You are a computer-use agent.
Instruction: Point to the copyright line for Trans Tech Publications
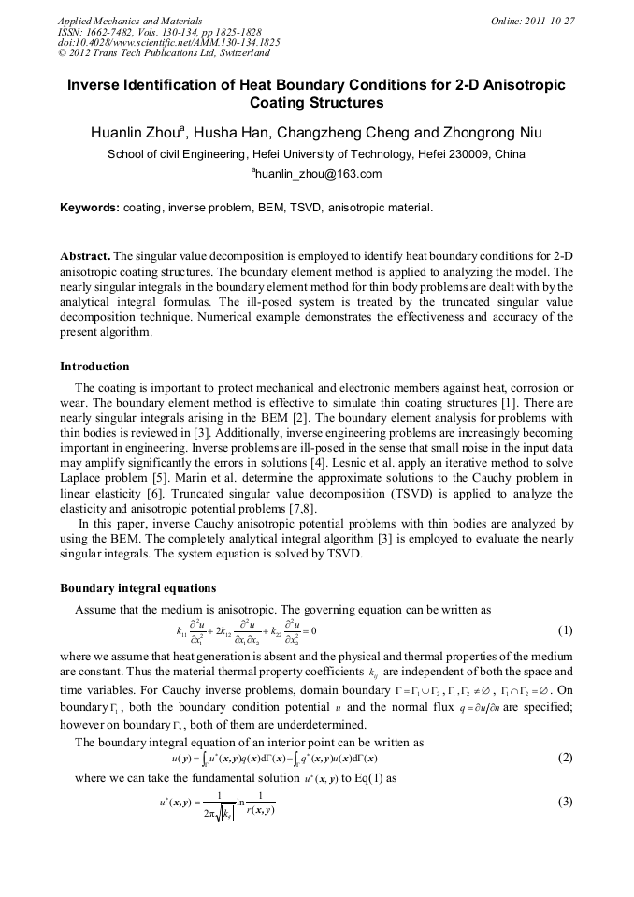[x=164, y=53]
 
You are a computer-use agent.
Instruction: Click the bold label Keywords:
[x=90, y=207]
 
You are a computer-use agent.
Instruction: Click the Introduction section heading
[x=94, y=366]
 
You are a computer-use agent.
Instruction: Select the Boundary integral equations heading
[x=137, y=588]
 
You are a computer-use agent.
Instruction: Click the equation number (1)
[x=565, y=630]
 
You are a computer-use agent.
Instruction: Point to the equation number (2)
[x=565, y=757]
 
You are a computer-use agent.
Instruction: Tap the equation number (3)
[x=565, y=802]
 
